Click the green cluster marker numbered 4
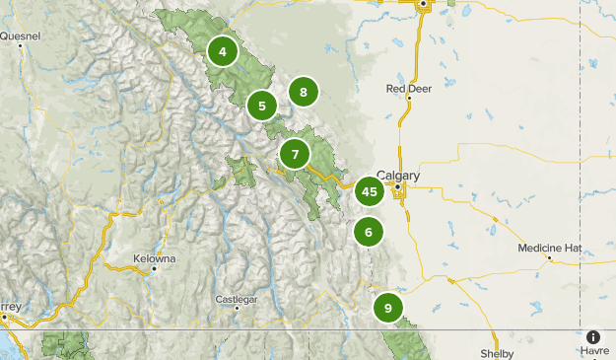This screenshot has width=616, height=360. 224,51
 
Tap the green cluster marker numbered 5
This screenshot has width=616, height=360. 262,105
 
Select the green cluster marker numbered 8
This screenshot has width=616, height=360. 304,93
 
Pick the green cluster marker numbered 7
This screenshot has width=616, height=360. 295,154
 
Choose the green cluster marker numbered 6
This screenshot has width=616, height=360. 369,233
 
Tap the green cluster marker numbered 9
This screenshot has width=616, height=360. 388,308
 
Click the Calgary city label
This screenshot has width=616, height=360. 398,176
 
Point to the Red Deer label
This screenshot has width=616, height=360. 409,88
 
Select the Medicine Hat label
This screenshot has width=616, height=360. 551,248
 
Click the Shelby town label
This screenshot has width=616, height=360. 491,352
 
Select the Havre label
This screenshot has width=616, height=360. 594,351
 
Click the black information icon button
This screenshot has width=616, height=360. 593,336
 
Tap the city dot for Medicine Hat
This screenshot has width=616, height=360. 549,258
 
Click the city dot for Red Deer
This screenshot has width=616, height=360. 408,98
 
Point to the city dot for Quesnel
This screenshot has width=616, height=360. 21,45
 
